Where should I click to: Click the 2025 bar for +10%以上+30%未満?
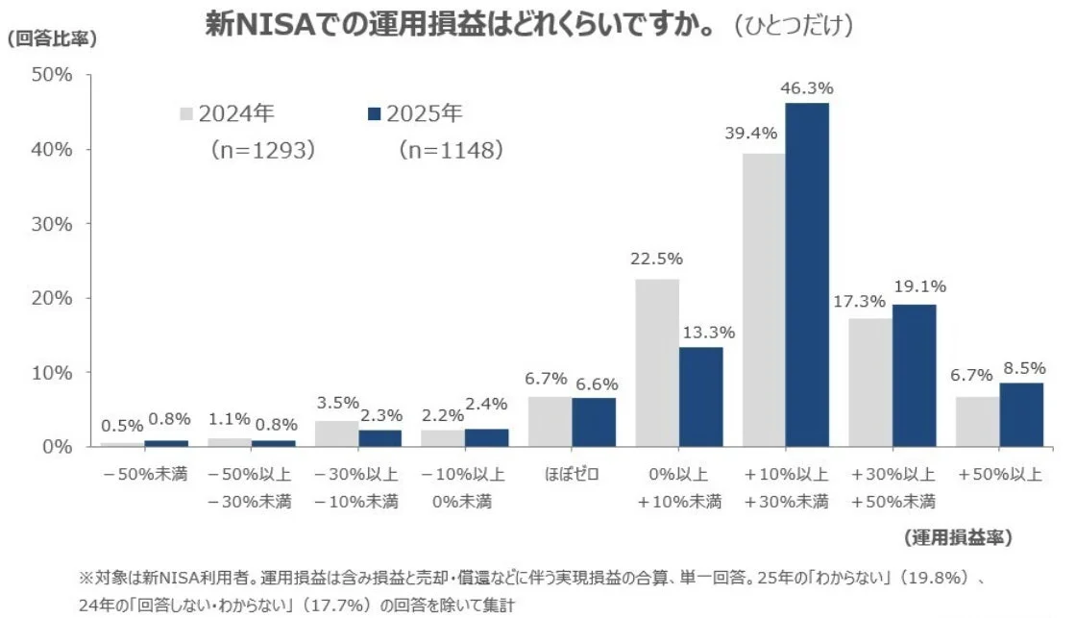[x=807, y=274]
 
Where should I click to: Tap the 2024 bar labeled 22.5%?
[x=657, y=362]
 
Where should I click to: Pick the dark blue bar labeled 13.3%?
[x=700, y=396]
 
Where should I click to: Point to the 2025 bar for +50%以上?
[x=1021, y=414]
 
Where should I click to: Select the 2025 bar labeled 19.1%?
[x=914, y=375]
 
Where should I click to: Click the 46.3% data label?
[x=807, y=88]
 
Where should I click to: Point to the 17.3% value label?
[x=860, y=301]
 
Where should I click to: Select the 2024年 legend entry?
[x=227, y=113]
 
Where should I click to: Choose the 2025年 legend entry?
[x=415, y=113]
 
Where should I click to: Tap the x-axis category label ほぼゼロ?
[x=572, y=475]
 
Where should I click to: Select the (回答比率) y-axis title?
[x=52, y=39]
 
